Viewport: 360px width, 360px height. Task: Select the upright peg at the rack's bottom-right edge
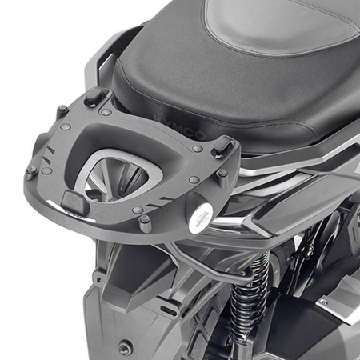(x=145, y=224)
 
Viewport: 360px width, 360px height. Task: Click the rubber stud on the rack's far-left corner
(x=31, y=170)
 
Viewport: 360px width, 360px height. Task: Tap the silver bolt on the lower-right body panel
(x=324, y=302)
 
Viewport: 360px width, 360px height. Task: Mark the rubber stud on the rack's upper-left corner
(x=62, y=110)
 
